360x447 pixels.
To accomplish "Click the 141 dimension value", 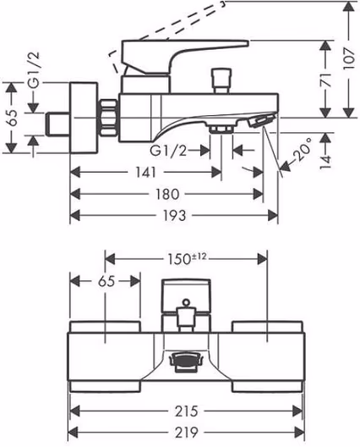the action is pyautogui.click(x=145, y=173).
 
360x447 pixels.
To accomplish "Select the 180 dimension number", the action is pyautogui.click(x=167, y=194).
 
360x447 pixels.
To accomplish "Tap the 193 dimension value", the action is pyautogui.click(x=174, y=216).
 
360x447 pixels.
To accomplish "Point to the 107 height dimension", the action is pyautogui.click(x=349, y=58).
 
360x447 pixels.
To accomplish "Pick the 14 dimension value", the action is pyautogui.click(x=326, y=162).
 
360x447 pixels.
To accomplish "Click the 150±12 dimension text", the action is pyautogui.click(x=187, y=259).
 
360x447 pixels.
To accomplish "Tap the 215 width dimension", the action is pyautogui.click(x=187, y=411).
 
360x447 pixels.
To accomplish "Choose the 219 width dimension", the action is pyautogui.click(x=187, y=433).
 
